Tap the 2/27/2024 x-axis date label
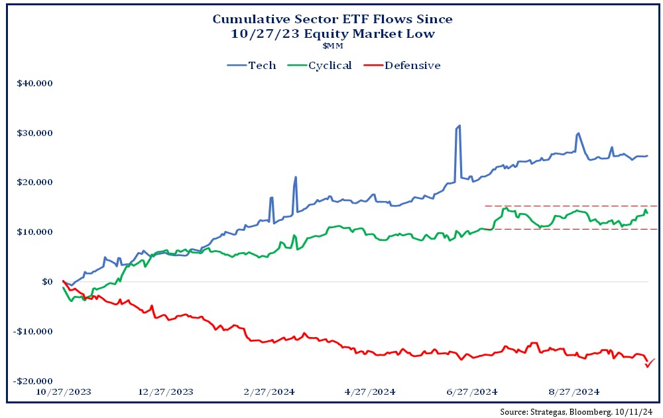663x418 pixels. coord(269,392)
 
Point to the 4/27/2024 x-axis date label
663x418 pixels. coord(371,392)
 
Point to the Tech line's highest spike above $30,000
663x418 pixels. coord(459,125)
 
